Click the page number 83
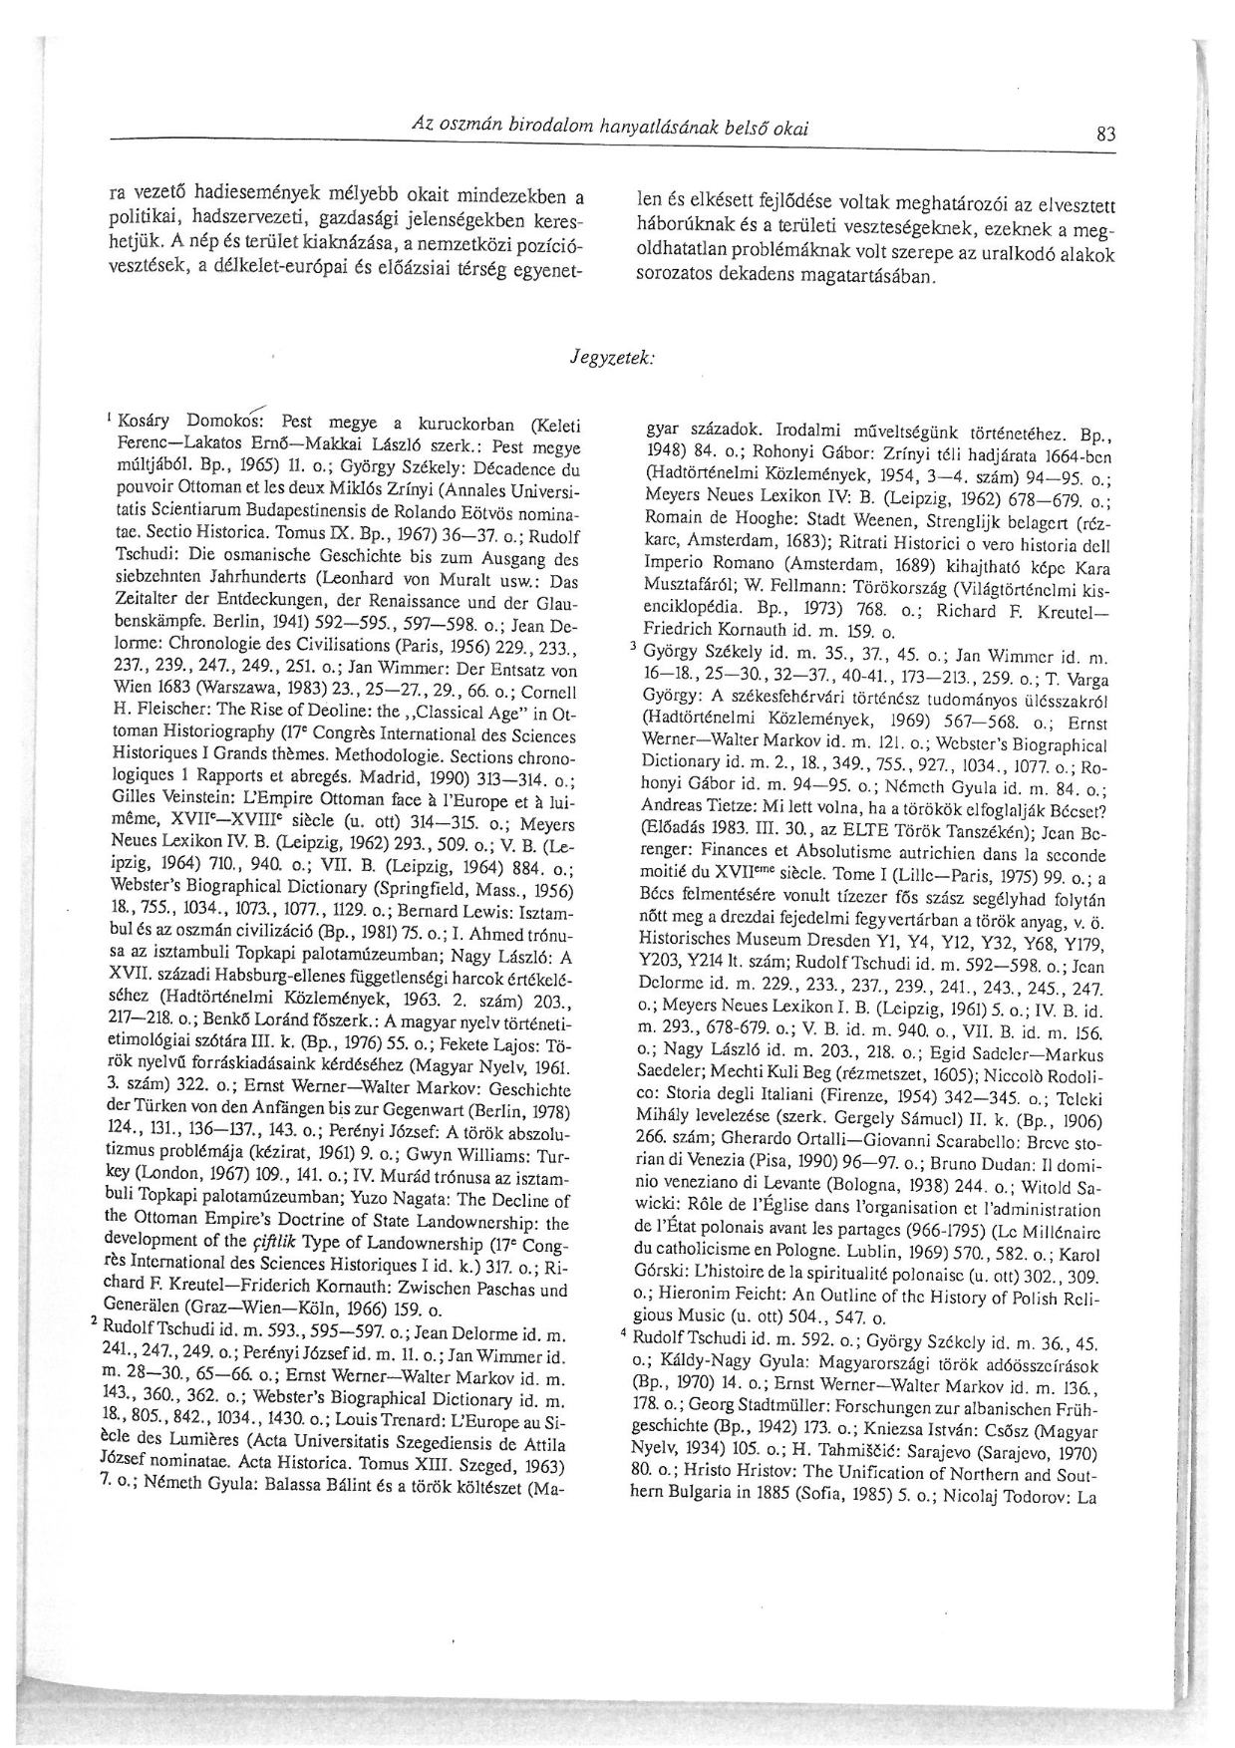pyautogui.click(x=1105, y=134)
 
